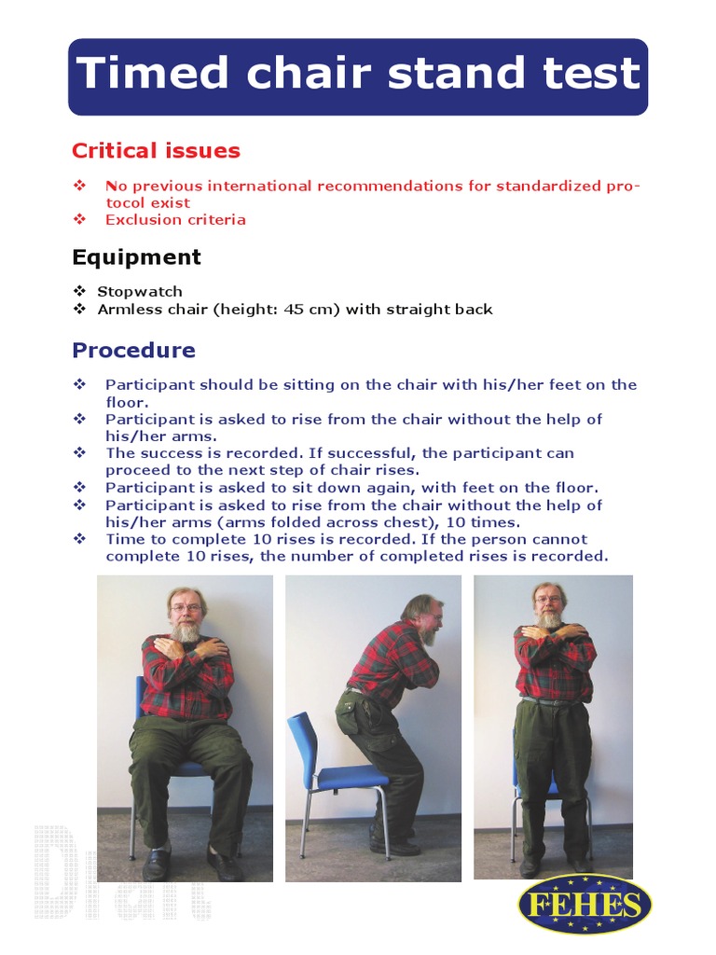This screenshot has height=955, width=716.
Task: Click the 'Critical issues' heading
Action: click(156, 151)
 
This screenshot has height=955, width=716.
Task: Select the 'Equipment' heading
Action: click(136, 257)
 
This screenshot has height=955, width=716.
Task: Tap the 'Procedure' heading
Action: click(133, 351)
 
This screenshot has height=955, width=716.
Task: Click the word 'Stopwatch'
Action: click(140, 292)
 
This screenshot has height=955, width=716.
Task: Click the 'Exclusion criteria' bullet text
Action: click(175, 220)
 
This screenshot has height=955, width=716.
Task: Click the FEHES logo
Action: click(584, 905)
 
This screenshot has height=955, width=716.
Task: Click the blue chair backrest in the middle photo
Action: click(304, 746)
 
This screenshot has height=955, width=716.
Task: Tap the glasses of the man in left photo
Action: click(186, 608)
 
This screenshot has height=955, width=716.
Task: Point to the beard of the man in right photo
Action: click(550, 617)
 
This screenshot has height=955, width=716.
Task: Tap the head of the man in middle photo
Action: click(425, 616)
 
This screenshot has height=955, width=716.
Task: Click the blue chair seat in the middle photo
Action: click(351, 776)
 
